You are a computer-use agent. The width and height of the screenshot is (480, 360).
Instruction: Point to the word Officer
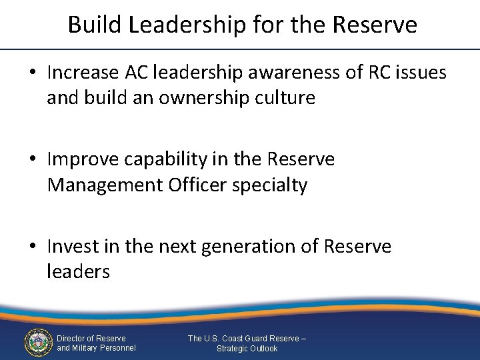195,185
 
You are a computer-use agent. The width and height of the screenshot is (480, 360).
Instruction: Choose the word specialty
269,185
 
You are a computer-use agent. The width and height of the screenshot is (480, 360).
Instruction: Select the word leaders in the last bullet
78,271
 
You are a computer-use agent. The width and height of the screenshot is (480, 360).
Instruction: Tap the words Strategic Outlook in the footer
247,349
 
